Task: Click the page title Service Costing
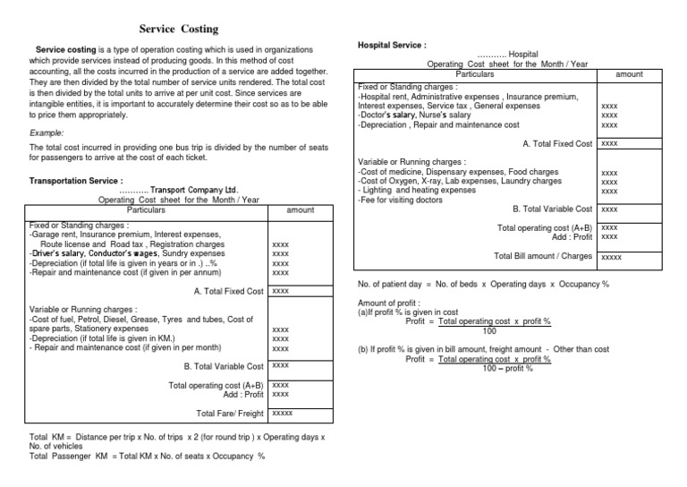point(179,30)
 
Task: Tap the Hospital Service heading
point(392,44)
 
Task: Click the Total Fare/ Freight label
point(231,413)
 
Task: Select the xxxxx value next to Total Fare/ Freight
point(283,413)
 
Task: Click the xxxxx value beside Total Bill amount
point(611,258)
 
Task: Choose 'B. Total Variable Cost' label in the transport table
point(224,366)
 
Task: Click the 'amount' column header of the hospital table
point(629,74)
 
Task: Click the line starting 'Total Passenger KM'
point(148,456)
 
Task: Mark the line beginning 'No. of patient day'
point(483,285)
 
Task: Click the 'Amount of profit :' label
point(390,304)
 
